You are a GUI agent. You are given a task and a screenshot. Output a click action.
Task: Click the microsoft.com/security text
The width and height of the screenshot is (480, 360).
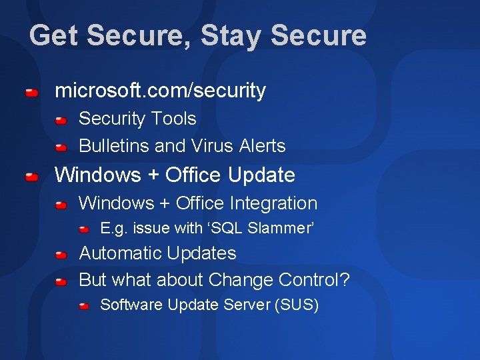tap(160, 91)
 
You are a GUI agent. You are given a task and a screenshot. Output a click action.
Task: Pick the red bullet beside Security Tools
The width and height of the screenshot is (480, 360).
tap(61, 121)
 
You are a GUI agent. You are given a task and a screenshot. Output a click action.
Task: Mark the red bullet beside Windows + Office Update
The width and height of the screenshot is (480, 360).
tap(31, 177)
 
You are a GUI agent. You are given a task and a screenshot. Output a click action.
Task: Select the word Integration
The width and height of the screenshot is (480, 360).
tap(273, 203)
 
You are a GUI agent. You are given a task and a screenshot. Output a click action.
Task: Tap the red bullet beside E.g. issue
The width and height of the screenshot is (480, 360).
tap(83, 230)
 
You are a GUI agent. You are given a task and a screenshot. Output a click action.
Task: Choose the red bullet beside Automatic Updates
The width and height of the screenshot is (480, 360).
tap(61, 255)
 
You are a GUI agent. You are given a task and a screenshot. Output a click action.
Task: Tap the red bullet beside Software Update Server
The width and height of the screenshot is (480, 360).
tap(83, 307)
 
